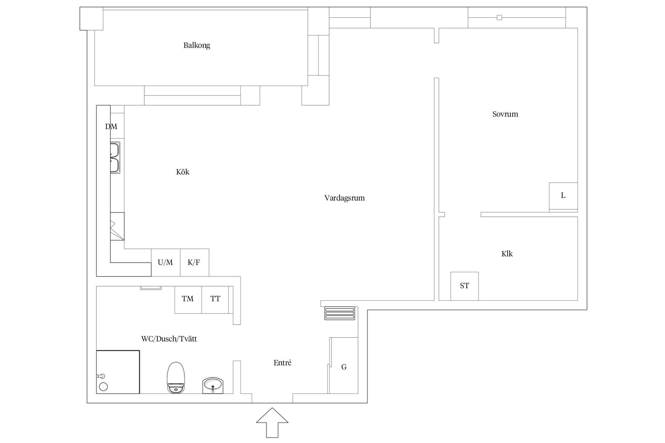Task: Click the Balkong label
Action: [197, 45]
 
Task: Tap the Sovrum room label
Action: [505, 114]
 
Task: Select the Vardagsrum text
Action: [344, 198]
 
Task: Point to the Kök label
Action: [183, 172]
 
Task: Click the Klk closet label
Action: [507, 254]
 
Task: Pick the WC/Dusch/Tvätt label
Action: [169, 339]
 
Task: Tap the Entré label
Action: [283, 363]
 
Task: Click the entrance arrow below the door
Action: [272, 423]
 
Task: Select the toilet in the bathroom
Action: [176, 378]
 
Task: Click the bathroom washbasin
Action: [213, 385]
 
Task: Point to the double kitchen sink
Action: [115, 158]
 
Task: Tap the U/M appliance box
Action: [166, 263]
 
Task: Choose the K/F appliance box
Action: [194, 263]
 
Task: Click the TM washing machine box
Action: [188, 300]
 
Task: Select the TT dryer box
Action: [215, 300]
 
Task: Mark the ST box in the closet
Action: [464, 286]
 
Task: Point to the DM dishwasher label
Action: [111, 127]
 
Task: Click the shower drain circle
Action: [103, 387]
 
